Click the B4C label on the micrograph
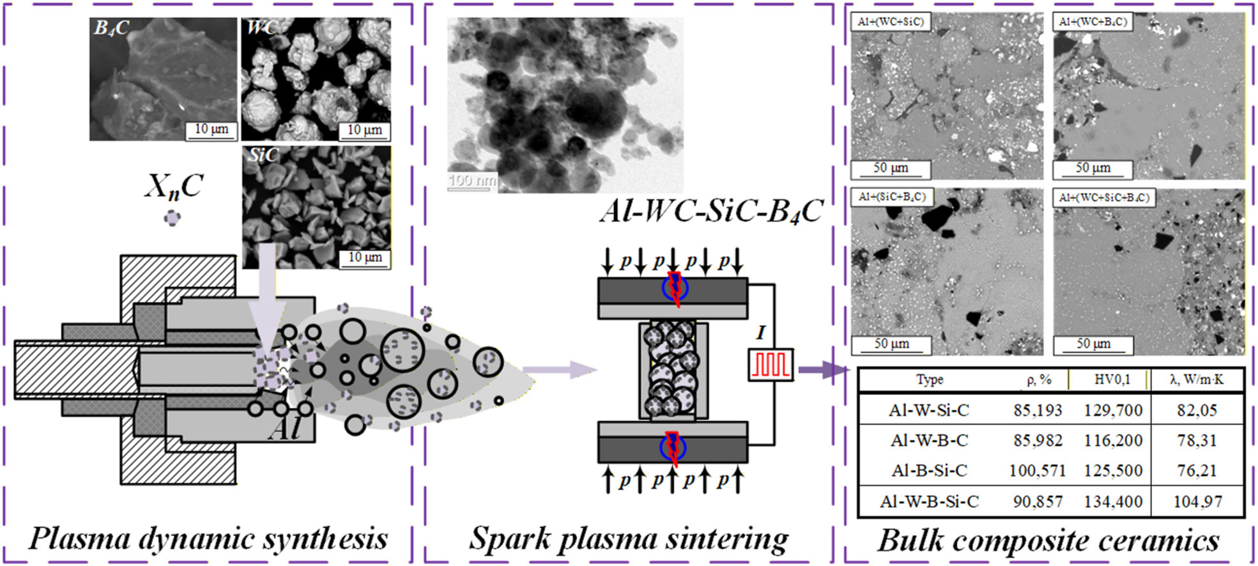pyautogui.click(x=112, y=28)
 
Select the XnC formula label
pyautogui.click(x=173, y=187)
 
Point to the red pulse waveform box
pyautogui.click(x=771, y=365)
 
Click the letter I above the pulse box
pyautogui.click(x=760, y=333)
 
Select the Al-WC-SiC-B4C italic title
pyautogui.click(x=710, y=211)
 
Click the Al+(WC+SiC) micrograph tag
pyautogui.click(x=890, y=22)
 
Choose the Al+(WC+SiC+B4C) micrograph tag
pyautogui.click(x=1103, y=197)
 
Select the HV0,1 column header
pyautogui.click(x=1112, y=379)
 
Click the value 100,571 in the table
pyautogui.click(x=1037, y=471)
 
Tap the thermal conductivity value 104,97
pyautogui.click(x=1197, y=501)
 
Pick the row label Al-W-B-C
pyautogui.click(x=929, y=440)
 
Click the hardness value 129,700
pyautogui.click(x=1113, y=410)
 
